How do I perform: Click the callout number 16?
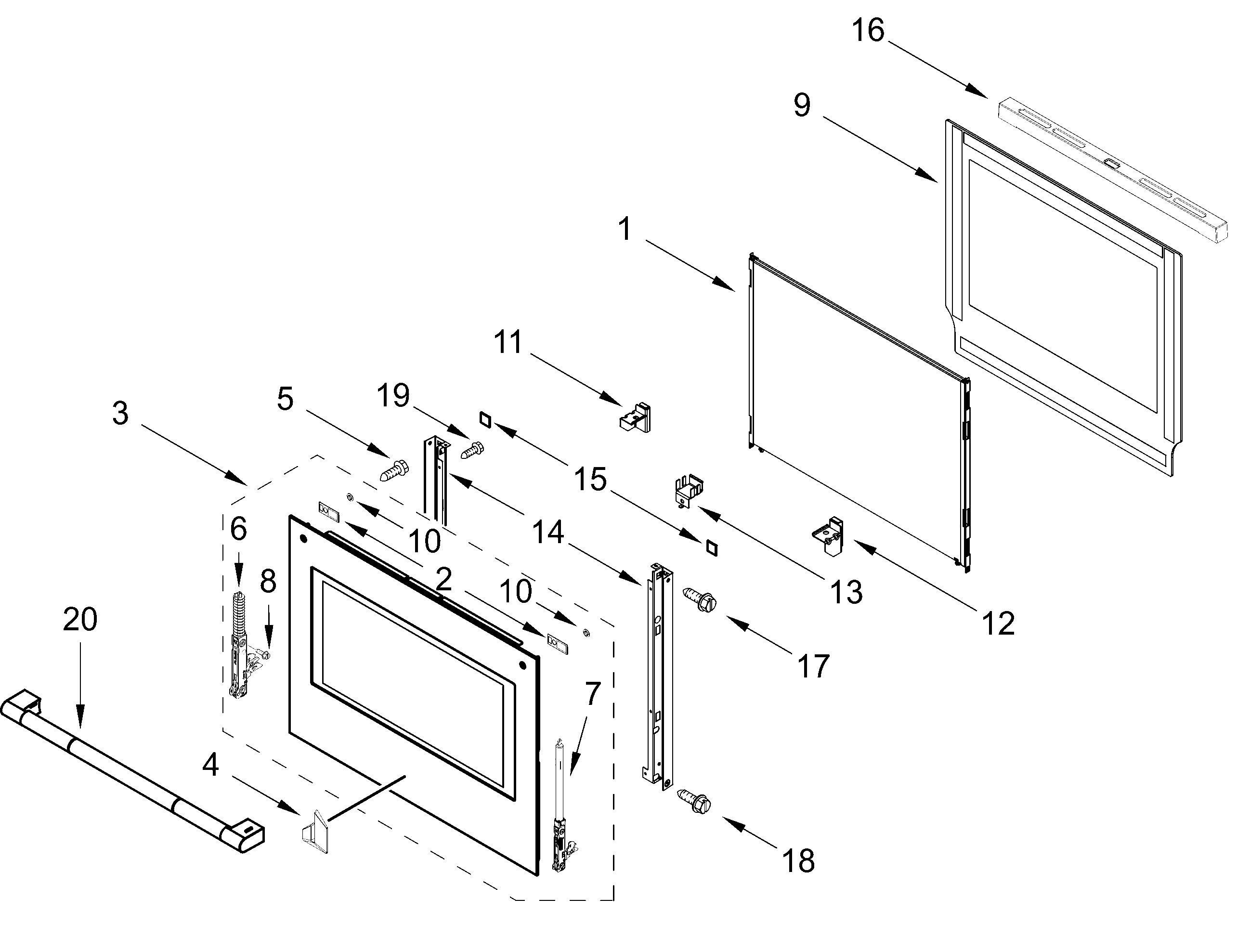coord(868,30)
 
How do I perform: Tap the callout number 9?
coord(802,105)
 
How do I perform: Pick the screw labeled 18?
coord(694,802)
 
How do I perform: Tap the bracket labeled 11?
coord(636,417)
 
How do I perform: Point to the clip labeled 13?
coord(689,491)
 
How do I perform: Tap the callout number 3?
coord(120,413)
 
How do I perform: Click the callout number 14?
coord(548,532)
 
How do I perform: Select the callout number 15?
coord(590,480)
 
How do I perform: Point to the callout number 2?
coord(444,579)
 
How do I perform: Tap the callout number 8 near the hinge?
coord(268,581)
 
